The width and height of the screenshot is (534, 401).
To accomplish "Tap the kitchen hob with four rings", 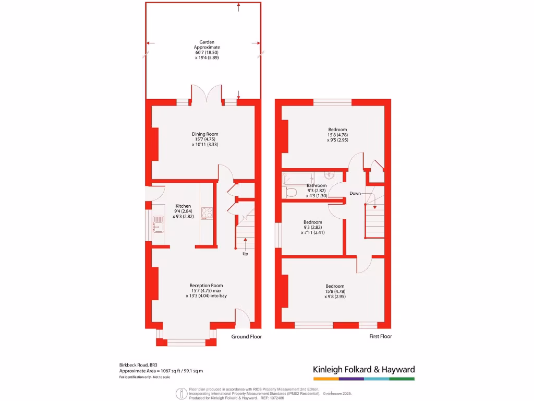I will tap(207, 213).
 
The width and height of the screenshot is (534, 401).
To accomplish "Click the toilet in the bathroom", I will tap(290, 193).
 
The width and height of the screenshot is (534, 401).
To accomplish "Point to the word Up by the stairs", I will tap(245, 254).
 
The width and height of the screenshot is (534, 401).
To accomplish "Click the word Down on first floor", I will tap(355, 193).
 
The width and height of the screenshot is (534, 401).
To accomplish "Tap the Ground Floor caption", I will tap(247, 337).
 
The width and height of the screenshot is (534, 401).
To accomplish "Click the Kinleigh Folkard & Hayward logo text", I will tap(363, 370).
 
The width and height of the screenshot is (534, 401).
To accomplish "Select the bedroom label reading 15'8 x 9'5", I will tap(337, 135).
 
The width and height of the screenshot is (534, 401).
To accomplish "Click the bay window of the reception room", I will tap(186, 343).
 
